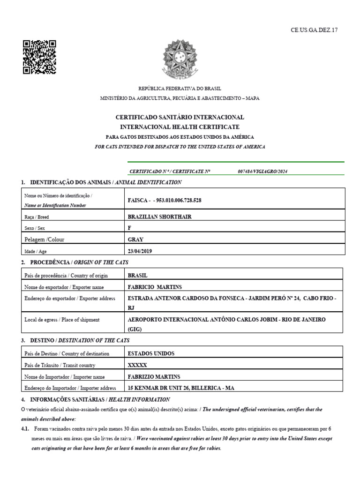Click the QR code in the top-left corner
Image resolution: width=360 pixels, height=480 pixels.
39,57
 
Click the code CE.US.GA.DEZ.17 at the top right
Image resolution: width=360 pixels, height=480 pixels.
314,30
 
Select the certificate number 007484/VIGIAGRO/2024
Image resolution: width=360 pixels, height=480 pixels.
262,171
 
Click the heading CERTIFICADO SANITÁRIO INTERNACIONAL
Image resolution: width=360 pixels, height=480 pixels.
180,117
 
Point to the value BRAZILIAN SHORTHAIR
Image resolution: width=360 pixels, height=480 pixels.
159,217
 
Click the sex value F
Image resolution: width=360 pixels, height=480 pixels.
129,228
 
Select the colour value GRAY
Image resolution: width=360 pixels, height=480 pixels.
135,239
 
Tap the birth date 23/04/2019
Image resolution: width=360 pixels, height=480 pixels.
140,251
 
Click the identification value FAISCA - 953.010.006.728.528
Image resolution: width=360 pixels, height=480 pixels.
165,200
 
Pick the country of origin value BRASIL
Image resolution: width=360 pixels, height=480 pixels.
137,276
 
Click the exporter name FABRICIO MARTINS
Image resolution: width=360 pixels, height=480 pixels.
155,287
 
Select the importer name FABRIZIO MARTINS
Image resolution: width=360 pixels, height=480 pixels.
154,376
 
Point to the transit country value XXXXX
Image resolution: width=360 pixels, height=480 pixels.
137,365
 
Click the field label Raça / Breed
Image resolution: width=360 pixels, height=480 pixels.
37,217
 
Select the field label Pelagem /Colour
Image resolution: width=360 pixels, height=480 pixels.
44,239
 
